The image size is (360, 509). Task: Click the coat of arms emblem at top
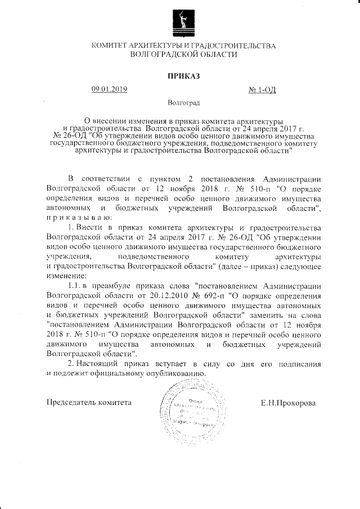coord(180,22)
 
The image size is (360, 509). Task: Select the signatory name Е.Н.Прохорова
coord(288,403)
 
